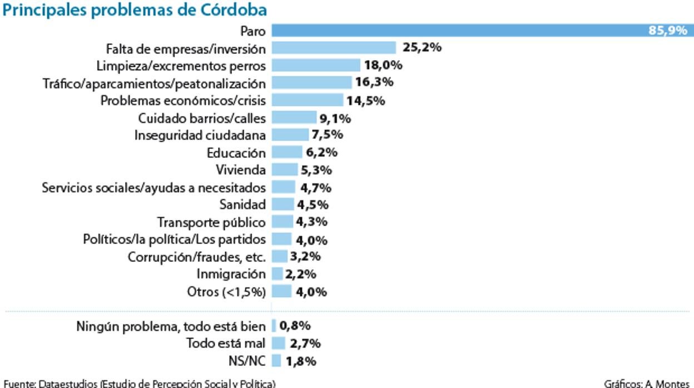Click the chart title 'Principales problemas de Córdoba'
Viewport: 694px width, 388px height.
(x=135, y=10)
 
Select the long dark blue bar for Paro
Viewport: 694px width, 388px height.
(x=456, y=31)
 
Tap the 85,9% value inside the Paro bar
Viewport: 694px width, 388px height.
(x=667, y=31)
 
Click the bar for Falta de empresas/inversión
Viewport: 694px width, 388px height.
(x=334, y=48)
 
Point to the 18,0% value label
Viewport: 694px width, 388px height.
(x=383, y=65)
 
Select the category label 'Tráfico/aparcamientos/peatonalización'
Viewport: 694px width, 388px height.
(x=155, y=83)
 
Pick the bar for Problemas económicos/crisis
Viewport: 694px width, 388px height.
(x=307, y=101)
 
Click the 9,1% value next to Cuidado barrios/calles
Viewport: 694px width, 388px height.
(x=335, y=118)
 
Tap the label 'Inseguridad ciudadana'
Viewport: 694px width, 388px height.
(x=200, y=135)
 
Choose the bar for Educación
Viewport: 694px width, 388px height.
(x=286, y=152)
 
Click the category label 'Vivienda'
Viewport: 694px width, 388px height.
(x=241, y=170)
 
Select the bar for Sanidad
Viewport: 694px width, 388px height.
(x=282, y=205)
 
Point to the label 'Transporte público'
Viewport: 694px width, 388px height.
(x=211, y=222)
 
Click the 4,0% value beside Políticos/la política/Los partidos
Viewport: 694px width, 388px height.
(x=311, y=240)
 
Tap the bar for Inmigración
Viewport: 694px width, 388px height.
(x=277, y=274)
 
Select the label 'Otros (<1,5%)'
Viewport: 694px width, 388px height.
(x=226, y=292)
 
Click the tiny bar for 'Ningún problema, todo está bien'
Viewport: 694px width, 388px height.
(x=274, y=326)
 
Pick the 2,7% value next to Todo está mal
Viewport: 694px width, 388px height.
(x=305, y=344)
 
